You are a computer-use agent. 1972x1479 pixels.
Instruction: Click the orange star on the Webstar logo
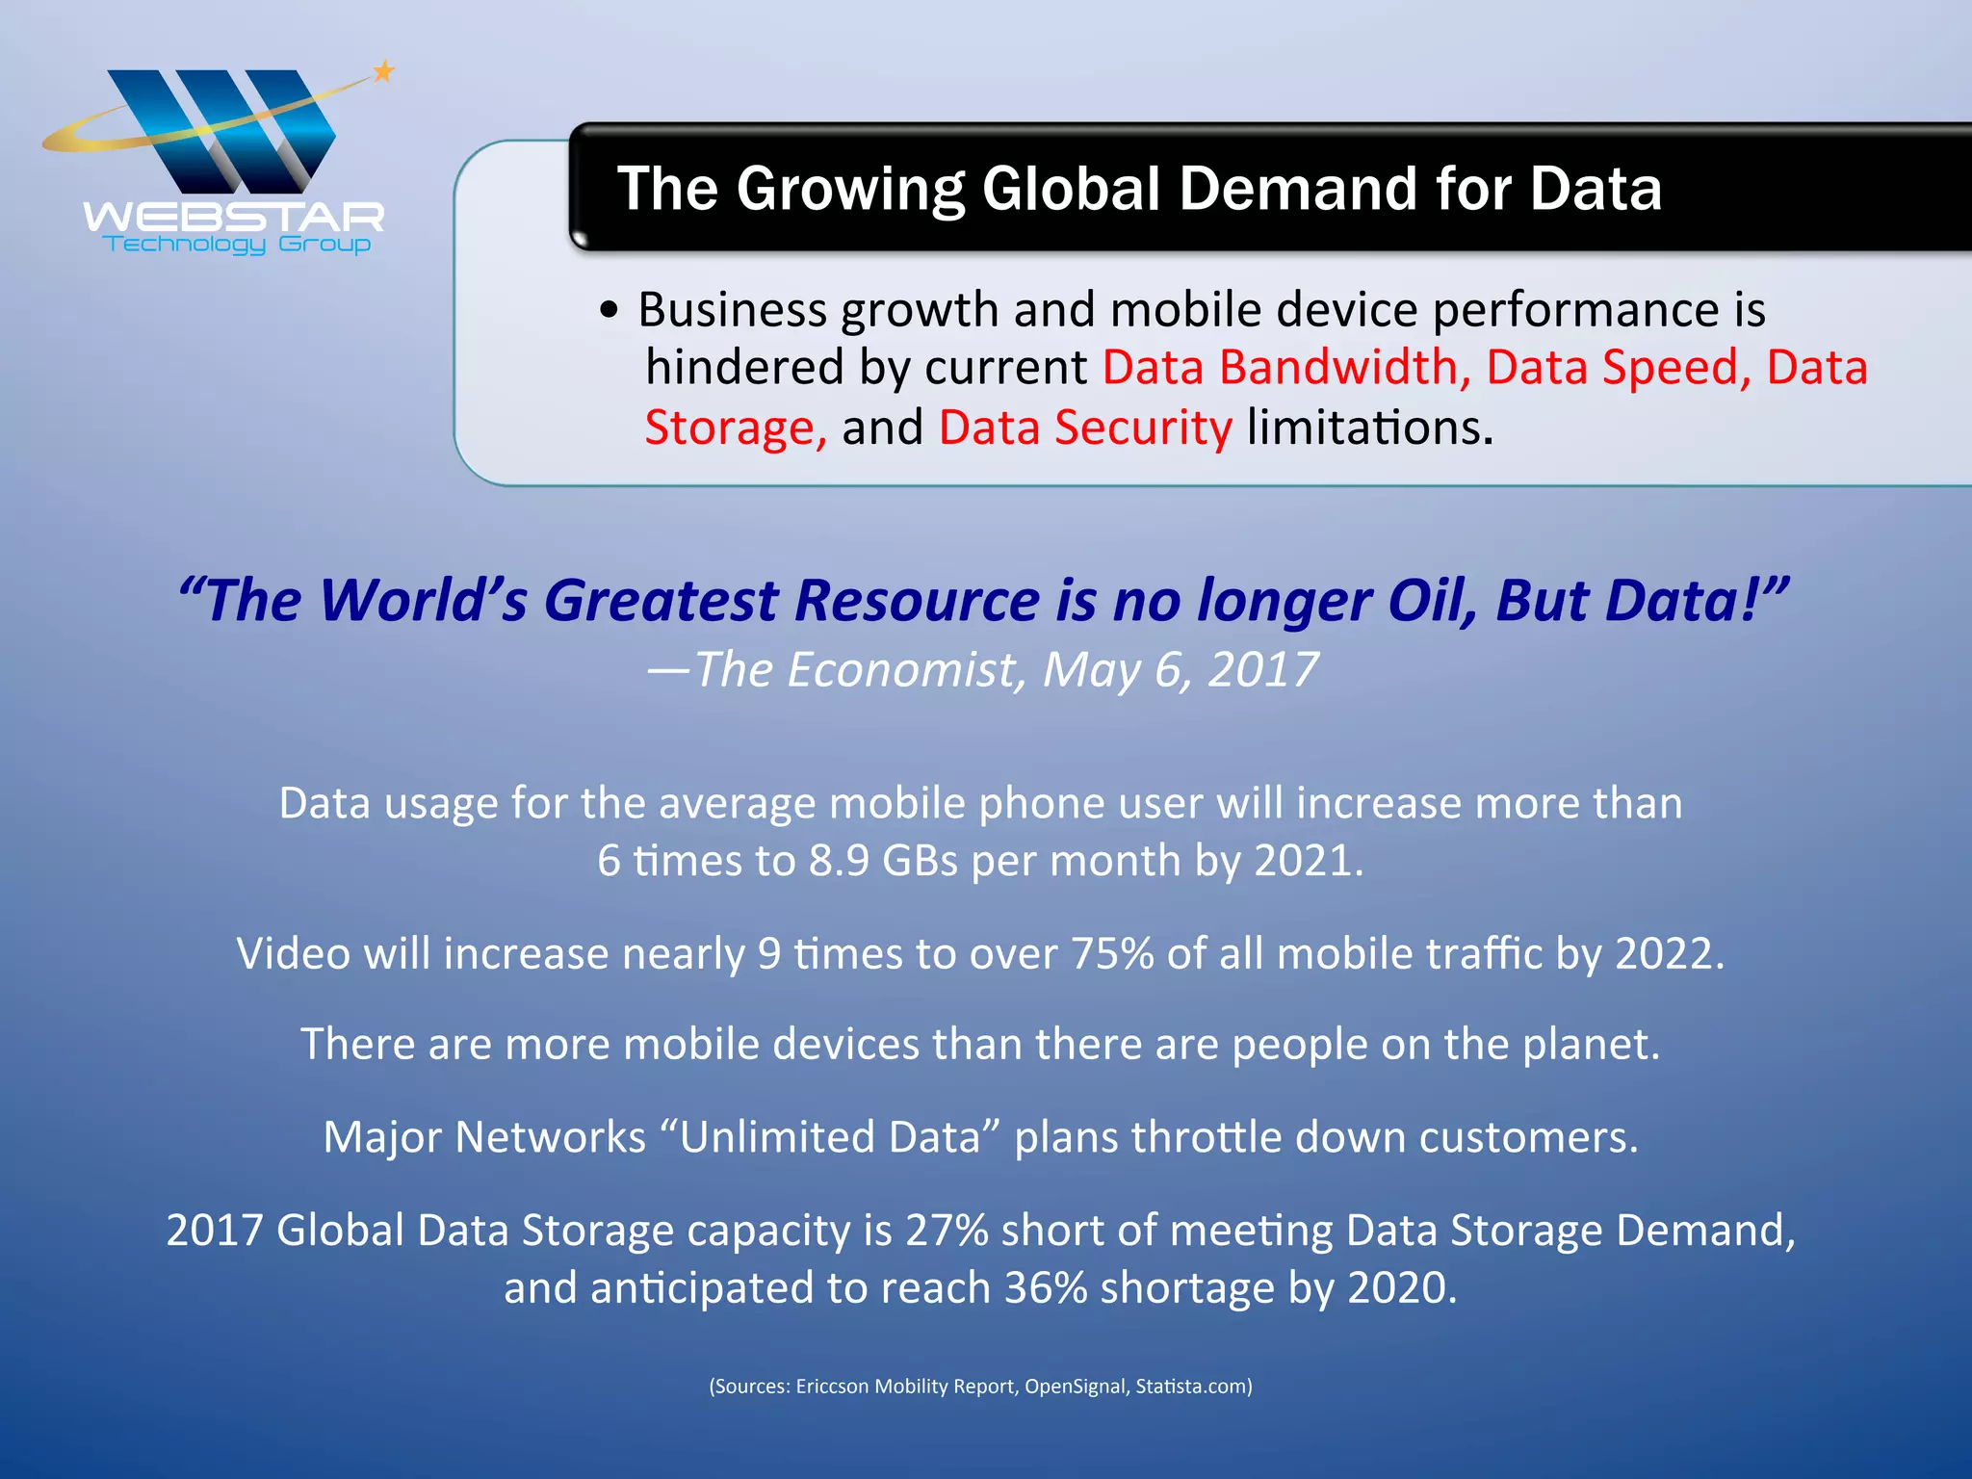[x=383, y=70]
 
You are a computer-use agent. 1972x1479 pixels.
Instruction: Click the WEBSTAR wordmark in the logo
[x=234, y=217]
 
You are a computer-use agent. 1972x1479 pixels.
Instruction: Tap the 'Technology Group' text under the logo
[x=237, y=245]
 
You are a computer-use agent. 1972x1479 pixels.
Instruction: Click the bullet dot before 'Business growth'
[x=608, y=311]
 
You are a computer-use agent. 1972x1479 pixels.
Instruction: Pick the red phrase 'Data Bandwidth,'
[x=1286, y=368]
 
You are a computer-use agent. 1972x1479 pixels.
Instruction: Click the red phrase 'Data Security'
[x=1085, y=428]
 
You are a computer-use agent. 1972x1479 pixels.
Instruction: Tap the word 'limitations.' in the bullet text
[x=1370, y=428]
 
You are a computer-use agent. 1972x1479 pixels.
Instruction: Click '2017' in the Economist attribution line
[x=1262, y=670]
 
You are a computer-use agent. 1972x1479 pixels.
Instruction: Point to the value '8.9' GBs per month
[x=839, y=861]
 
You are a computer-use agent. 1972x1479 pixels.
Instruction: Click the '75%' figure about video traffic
[x=1112, y=954]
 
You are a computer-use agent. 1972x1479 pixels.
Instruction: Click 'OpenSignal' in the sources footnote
[x=1075, y=1387]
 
